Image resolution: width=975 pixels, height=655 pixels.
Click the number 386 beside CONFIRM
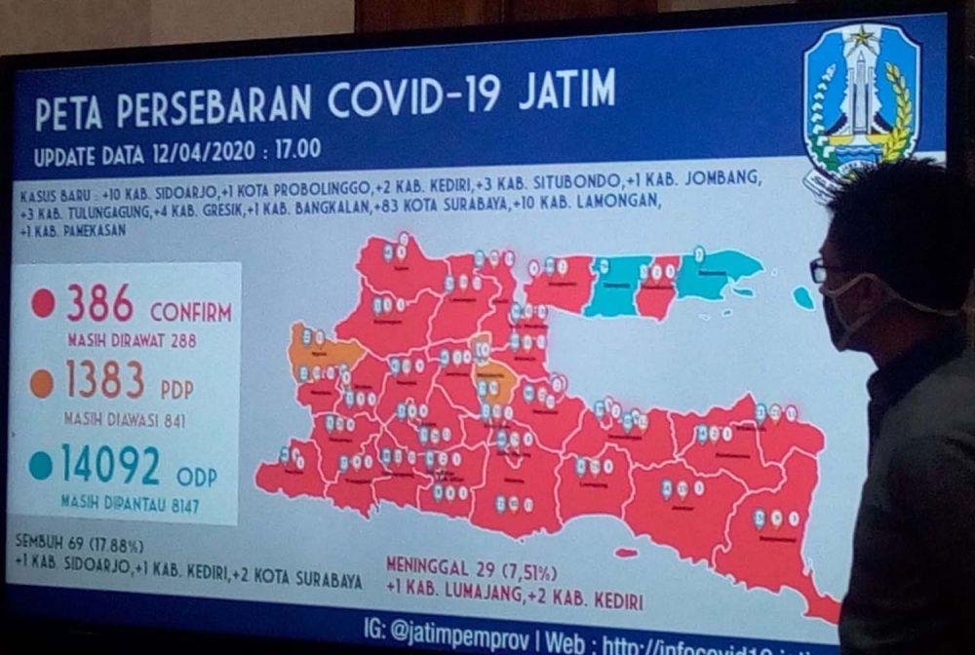[99, 305]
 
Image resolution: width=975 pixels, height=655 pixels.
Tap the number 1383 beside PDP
[106, 381]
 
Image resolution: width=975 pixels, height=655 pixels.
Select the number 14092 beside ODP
[110, 464]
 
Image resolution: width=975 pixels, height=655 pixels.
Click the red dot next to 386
[43, 303]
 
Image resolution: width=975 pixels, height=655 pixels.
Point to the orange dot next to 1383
[41, 383]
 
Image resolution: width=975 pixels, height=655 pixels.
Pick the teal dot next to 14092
[40, 465]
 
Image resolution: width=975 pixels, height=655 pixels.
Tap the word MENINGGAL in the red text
[430, 564]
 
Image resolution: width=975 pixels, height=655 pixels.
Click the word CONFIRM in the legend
[190, 313]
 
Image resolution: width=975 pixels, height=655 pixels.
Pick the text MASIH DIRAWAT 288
[132, 341]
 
